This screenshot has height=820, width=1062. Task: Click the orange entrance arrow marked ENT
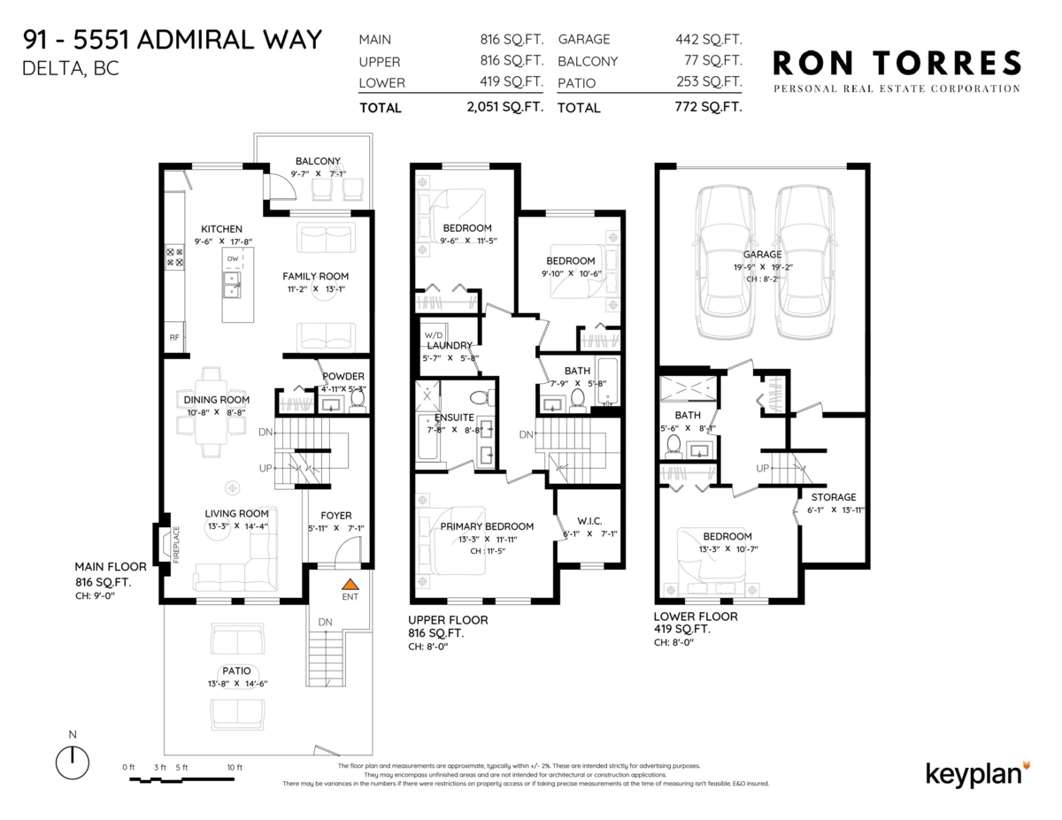click(350, 584)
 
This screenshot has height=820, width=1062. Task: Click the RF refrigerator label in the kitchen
click(173, 337)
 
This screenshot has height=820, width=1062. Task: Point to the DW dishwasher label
click(232, 259)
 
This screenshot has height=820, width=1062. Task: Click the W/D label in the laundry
click(434, 335)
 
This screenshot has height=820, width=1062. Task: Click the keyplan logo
click(978, 771)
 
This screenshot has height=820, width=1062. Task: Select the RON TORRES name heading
click(897, 64)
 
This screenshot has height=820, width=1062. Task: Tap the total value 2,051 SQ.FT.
click(504, 107)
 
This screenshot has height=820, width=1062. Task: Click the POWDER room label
click(342, 376)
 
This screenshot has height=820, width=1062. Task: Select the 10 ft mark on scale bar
click(234, 767)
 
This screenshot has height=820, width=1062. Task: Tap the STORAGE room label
click(834, 497)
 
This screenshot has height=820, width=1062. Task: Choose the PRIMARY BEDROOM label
click(487, 526)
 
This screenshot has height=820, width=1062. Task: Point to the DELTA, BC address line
click(70, 68)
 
